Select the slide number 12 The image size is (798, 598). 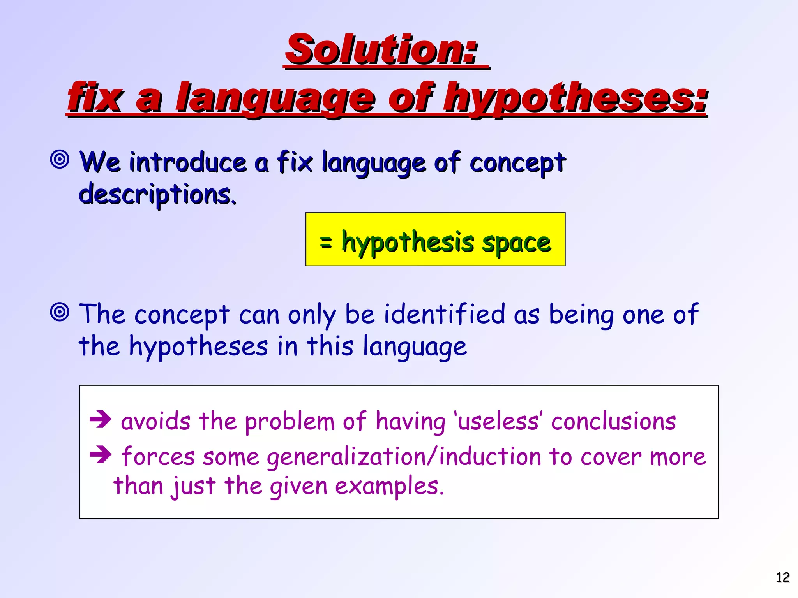[x=783, y=577]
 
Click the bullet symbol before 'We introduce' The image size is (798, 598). [x=60, y=159]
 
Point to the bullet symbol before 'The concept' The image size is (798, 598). [x=60, y=312]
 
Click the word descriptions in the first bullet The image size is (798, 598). [x=157, y=194]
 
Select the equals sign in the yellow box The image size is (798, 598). [x=326, y=242]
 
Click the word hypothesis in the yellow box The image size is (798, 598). [x=408, y=243]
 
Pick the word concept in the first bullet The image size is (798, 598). [x=517, y=163]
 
